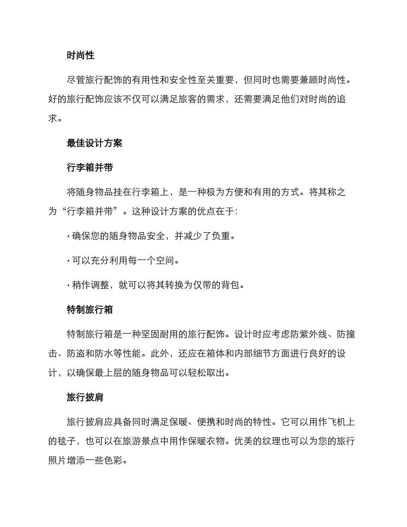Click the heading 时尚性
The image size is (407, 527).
click(x=81, y=55)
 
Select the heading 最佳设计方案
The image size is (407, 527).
click(x=95, y=143)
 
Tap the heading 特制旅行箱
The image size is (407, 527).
click(x=90, y=309)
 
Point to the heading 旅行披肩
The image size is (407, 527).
click(x=85, y=397)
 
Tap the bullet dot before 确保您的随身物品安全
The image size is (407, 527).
click(x=68, y=236)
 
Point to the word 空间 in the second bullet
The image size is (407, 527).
click(x=165, y=261)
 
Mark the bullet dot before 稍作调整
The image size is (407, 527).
click(x=68, y=285)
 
